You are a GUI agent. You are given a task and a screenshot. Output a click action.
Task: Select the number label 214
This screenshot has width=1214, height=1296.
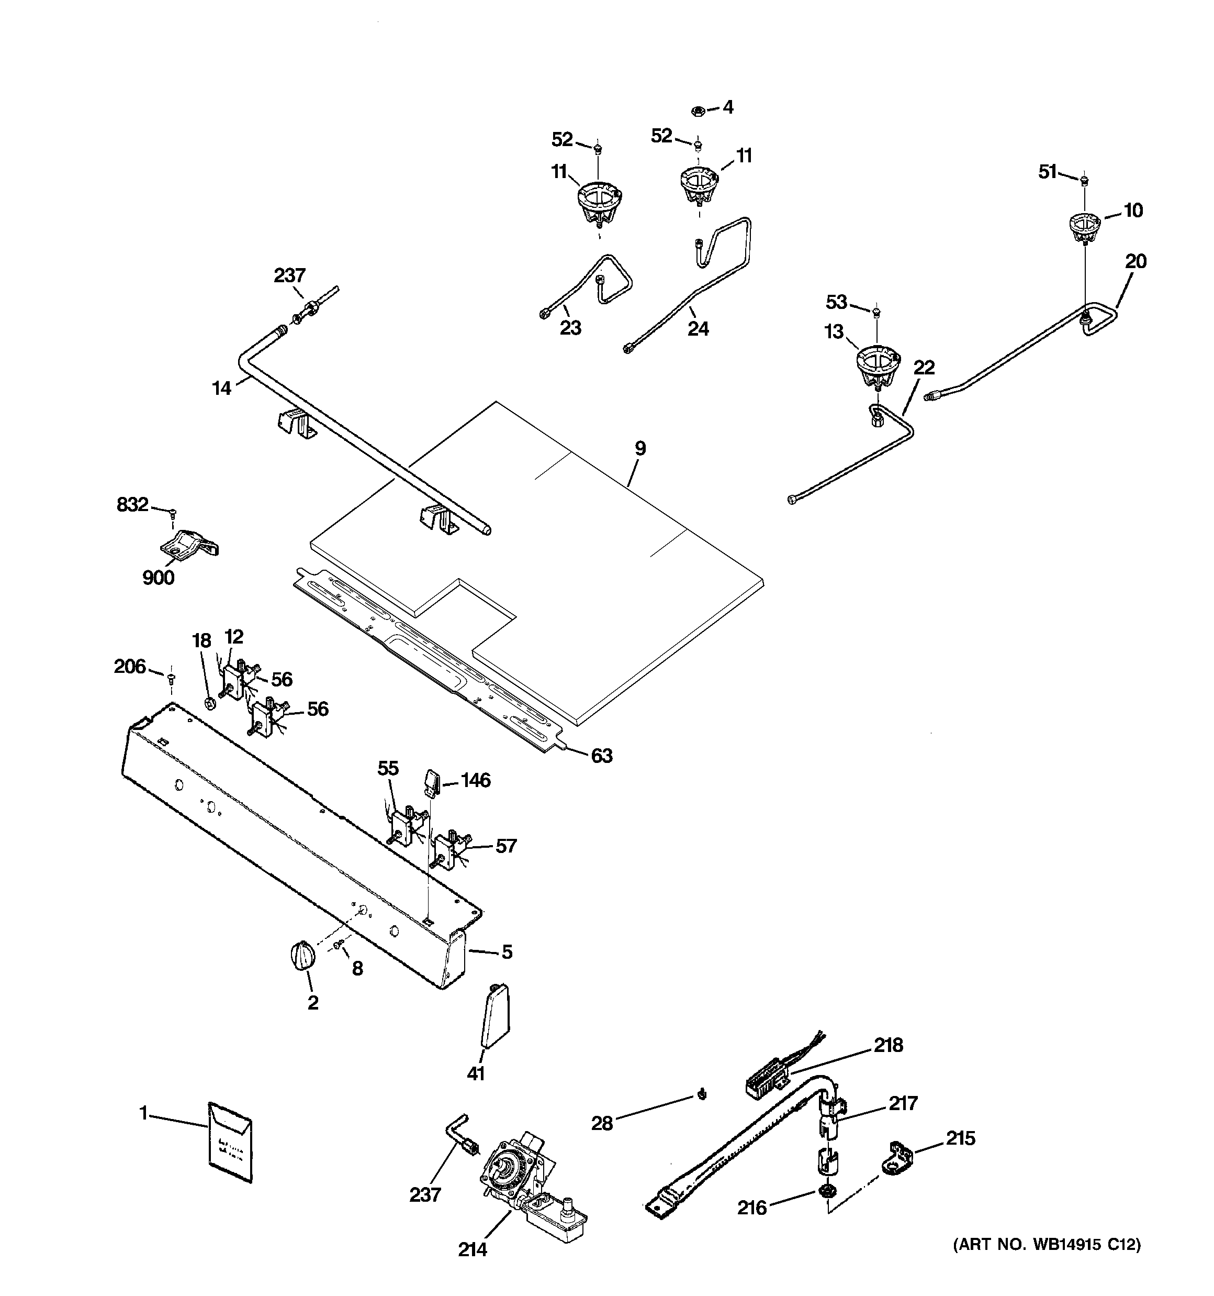tap(472, 1250)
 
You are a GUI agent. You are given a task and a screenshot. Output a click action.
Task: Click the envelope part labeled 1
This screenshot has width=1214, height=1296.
tap(229, 1142)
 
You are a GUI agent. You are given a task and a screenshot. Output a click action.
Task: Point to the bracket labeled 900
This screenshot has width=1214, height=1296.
tap(188, 545)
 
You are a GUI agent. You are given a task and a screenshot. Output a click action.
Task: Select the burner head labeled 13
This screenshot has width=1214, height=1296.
tap(877, 365)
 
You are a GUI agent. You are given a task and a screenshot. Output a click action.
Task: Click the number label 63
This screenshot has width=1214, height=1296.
tap(601, 756)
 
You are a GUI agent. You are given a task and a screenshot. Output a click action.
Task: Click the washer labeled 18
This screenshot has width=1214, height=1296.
tap(210, 703)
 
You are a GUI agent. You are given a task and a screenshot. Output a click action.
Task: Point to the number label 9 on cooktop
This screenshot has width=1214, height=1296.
tap(640, 449)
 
